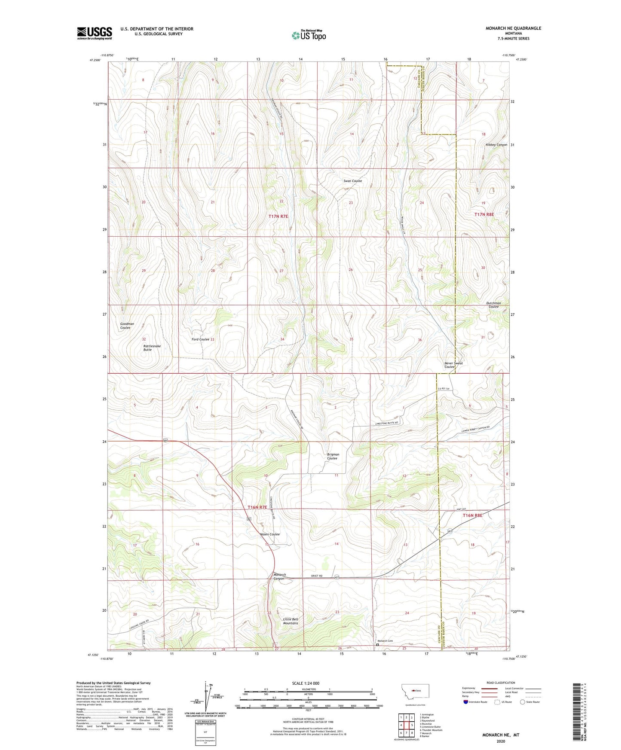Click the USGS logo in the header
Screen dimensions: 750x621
tap(95, 33)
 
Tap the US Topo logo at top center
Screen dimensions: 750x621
tap(309, 35)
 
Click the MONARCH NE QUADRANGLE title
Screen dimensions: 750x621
tap(513, 28)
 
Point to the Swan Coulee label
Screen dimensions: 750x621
tap(352, 181)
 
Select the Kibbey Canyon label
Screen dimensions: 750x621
tap(496, 145)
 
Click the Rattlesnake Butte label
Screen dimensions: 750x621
tap(147, 348)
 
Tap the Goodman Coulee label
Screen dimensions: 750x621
tap(127, 326)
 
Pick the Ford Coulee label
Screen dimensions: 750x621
tap(200, 339)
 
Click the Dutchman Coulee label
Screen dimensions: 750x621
tap(493, 305)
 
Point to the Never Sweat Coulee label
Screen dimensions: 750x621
tap(453, 365)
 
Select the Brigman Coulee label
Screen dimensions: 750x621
tap(333, 456)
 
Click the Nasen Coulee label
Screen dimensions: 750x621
tap(270, 534)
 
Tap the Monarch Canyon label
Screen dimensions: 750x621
tap(279, 576)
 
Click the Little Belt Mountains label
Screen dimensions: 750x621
tap(291, 621)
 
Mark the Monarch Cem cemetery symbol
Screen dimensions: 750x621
tap(378, 644)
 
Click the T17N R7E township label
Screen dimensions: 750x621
tap(278, 216)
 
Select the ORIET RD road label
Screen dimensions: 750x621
tap(317, 576)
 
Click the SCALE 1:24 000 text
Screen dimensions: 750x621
tap(306, 683)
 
